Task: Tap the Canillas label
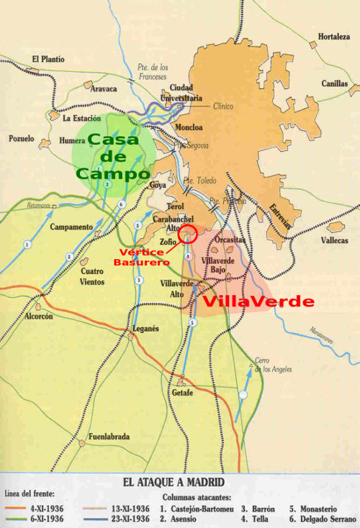tap(335, 83)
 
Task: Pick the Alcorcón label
tap(39, 316)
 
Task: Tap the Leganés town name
tap(145, 328)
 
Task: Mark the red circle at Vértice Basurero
tap(188, 234)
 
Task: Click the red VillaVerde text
tap(258, 301)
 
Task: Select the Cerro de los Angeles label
tap(272, 365)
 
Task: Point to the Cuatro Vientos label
tap(94, 276)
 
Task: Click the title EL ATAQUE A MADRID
tap(179, 482)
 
